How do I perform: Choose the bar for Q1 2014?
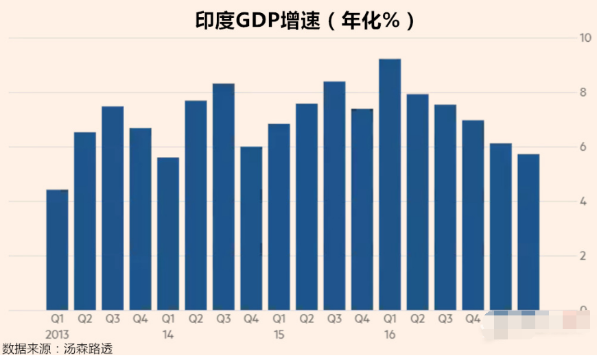168,233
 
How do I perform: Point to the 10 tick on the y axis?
585,38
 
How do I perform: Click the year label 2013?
58,335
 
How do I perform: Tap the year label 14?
168,335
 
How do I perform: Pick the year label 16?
390,335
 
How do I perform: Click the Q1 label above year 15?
279,319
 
